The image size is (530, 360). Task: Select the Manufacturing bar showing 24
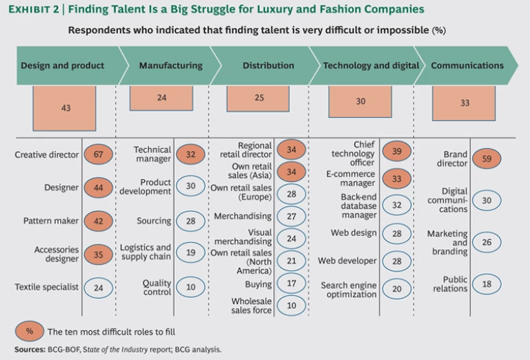161,98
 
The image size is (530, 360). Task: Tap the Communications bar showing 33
464,103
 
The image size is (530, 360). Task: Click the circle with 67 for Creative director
99,154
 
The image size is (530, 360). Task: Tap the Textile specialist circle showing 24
99,288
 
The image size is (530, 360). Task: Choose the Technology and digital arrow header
371,66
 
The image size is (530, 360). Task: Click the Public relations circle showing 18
487,284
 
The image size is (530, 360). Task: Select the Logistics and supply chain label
146,252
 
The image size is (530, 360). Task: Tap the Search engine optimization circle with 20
396,289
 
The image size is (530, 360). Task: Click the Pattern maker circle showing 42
99,221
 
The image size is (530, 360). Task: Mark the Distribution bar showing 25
259,98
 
